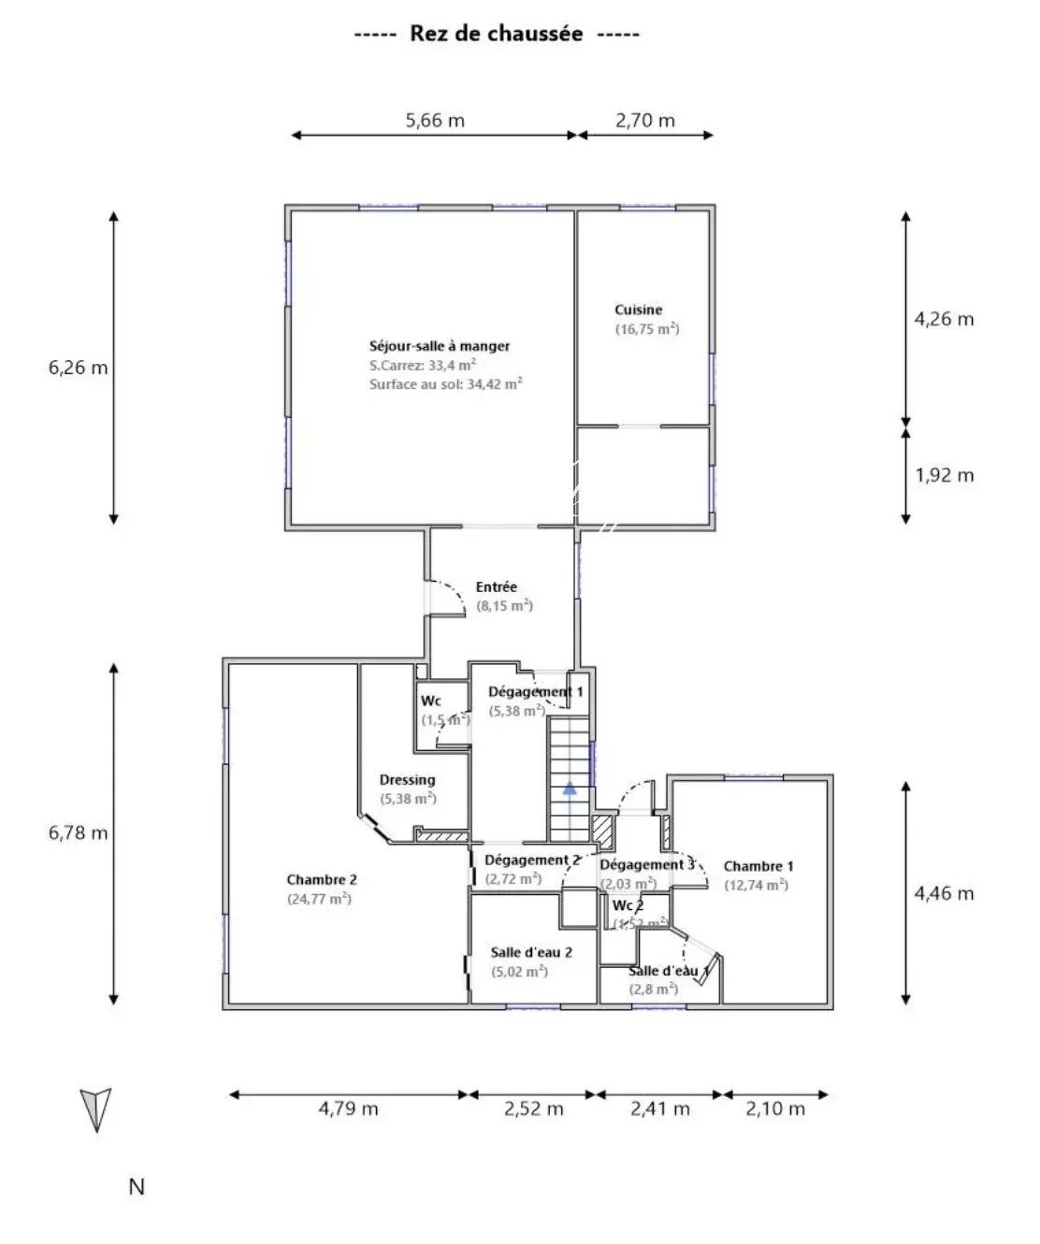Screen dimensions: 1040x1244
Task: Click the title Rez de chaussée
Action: tap(496, 34)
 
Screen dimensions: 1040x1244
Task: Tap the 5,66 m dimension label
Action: tap(435, 121)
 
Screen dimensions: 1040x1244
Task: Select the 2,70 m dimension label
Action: tap(645, 121)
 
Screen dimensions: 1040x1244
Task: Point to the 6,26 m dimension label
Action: tap(78, 368)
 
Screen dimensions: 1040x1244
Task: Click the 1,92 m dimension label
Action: tap(944, 475)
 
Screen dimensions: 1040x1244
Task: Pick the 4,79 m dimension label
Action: tap(349, 1108)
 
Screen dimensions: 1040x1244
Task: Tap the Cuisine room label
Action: tap(639, 310)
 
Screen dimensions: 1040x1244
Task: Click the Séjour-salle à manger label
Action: tap(440, 346)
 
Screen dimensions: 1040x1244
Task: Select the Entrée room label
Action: tap(497, 586)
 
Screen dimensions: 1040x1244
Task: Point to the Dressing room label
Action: tap(408, 780)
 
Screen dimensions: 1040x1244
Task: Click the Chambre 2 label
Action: tap(322, 879)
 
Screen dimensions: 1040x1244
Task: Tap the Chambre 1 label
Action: tap(758, 866)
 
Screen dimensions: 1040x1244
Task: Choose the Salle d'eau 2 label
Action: tap(531, 952)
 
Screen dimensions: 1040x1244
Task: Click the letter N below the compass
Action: tap(137, 1187)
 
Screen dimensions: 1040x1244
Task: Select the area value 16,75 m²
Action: tap(647, 329)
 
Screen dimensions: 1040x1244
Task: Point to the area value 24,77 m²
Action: tap(319, 899)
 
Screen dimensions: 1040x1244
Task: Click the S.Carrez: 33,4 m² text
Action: tap(423, 365)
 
